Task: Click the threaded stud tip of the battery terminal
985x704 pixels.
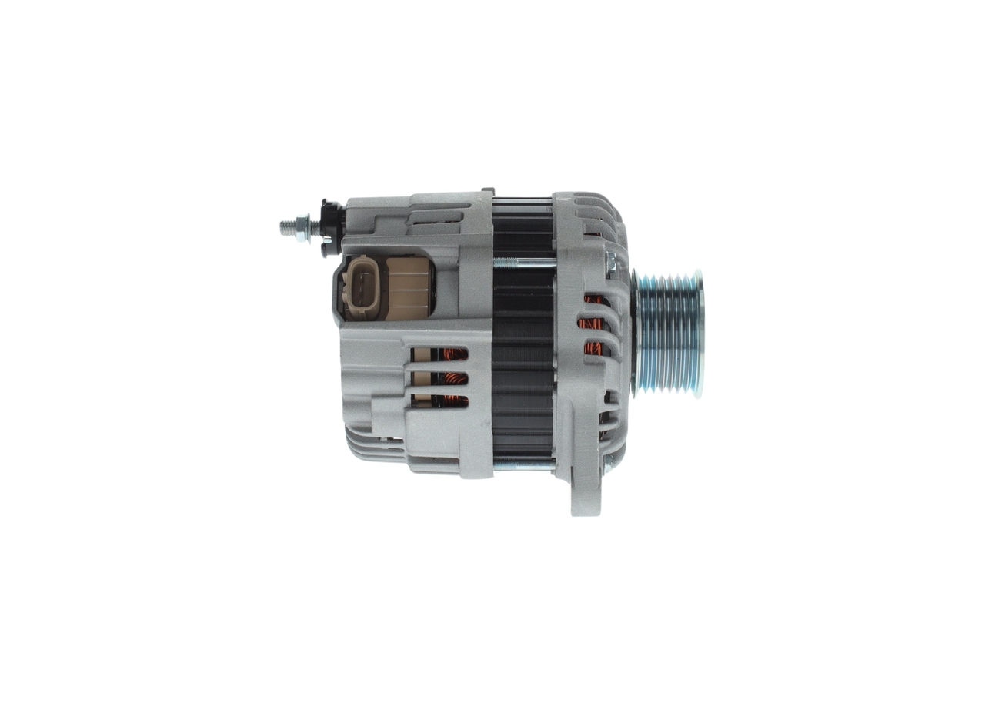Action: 285,227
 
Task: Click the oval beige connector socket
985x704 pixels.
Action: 362,287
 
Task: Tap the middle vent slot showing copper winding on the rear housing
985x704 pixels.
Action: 440,378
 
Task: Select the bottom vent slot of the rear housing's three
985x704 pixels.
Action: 440,401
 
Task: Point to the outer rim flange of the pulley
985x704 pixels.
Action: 697,333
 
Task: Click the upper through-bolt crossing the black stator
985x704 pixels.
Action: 523,263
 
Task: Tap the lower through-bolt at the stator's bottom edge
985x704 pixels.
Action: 523,464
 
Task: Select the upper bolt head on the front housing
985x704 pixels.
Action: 611,263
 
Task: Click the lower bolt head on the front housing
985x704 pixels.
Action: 609,463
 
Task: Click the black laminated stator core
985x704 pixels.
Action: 523,362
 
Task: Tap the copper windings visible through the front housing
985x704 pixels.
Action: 593,324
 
